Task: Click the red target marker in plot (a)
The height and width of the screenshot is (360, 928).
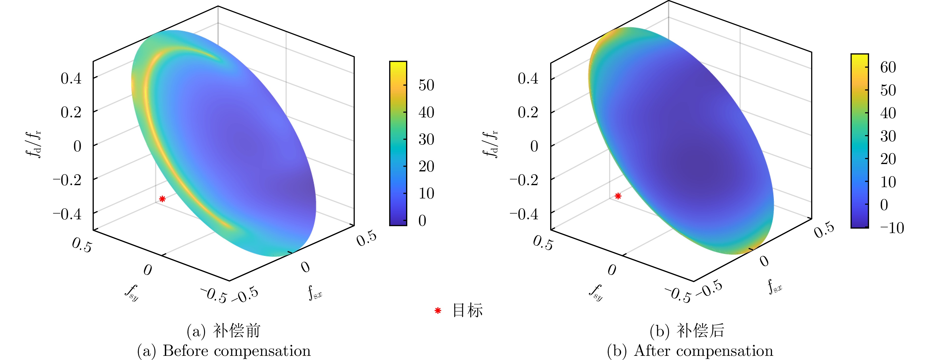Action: tap(163, 199)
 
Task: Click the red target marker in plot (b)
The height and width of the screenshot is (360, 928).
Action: tap(618, 196)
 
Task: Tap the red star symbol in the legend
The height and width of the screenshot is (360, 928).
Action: tap(438, 311)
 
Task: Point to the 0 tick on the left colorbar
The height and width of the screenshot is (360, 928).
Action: tap(422, 221)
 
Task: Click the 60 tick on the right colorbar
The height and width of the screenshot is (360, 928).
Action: tap(888, 67)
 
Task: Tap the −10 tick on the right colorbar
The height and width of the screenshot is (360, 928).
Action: tap(892, 228)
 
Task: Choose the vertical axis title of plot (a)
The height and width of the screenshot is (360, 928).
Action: tap(33, 144)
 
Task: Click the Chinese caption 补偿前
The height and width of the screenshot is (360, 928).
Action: tap(236, 331)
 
